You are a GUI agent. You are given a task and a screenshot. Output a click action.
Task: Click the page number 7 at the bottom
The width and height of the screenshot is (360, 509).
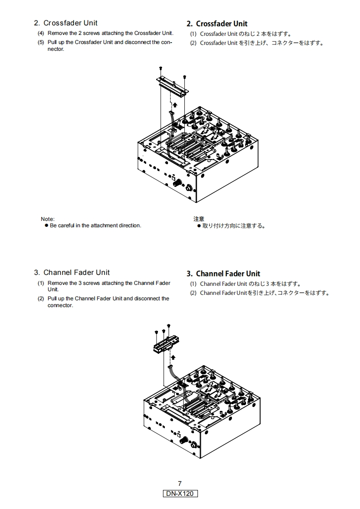click(x=180, y=484)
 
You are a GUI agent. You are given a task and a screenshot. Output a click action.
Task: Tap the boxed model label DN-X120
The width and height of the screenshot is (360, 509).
click(x=180, y=494)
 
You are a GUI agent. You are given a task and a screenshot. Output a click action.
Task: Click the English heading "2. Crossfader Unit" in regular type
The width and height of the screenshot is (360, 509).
click(x=65, y=23)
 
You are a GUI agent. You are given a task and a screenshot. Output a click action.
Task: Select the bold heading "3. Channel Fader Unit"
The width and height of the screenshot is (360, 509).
click(x=223, y=274)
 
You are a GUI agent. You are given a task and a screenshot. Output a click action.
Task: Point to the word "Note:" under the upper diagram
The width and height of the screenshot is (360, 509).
click(x=48, y=219)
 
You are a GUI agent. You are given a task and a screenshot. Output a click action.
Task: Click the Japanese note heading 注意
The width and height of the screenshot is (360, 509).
click(x=199, y=219)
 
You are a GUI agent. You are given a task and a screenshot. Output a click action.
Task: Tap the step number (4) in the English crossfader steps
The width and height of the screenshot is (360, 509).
click(x=41, y=33)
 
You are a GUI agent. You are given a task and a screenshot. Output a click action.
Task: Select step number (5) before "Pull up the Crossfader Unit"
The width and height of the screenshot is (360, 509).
click(x=41, y=42)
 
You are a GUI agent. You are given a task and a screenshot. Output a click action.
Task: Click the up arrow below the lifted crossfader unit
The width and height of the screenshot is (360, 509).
click(x=174, y=105)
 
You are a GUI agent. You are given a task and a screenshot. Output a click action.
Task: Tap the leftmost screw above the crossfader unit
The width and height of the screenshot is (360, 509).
click(x=161, y=68)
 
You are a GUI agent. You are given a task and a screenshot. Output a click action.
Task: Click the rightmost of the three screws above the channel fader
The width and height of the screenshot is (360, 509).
click(x=169, y=326)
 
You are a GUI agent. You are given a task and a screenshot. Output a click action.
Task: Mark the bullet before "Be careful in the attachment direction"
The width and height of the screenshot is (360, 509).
click(x=46, y=225)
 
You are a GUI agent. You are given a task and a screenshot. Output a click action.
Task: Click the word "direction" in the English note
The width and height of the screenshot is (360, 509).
click(x=130, y=225)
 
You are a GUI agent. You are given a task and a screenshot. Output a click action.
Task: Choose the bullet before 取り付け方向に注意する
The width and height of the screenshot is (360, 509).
click(x=199, y=225)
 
